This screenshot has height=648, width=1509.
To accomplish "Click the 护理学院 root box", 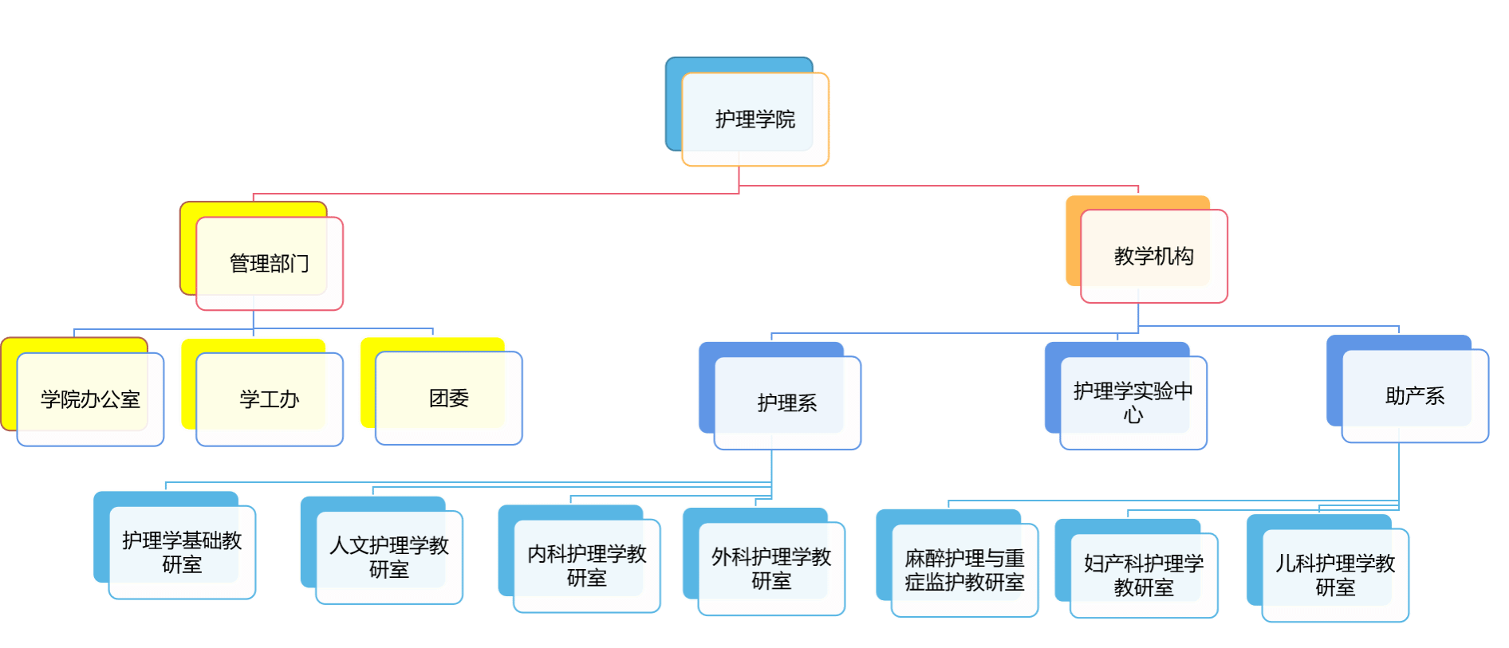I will pyautogui.click(x=754, y=120).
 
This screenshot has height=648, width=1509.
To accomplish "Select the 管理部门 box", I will pyautogui.click(x=269, y=263).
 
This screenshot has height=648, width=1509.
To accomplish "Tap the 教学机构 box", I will pyautogui.click(x=1153, y=256).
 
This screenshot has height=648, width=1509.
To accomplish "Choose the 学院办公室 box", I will pyautogui.click(x=90, y=399).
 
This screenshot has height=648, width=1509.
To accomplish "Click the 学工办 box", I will pyautogui.click(x=269, y=399).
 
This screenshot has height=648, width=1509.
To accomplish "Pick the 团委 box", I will pyautogui.click(x=448, y=398).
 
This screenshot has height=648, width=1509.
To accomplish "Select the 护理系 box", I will pyautogui.click(x=787, y=403).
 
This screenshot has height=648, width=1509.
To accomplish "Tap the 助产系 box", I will pyautogui.click(x=1415, y=395).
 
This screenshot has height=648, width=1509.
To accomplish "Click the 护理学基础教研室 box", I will pyautogui.click(x=182, y=552).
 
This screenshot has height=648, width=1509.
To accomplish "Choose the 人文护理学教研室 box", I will pyautogui.click(x=389, y=557).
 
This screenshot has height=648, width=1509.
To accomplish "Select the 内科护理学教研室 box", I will pyautogui.click(x=586, y=565).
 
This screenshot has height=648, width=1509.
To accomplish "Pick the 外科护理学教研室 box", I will pyautogui.click(x=771, y=568).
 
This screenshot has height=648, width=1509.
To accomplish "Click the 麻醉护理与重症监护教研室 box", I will pyautogui.click(x=964, y=570).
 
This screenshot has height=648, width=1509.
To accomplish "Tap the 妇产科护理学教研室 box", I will pyautogui.click(x=1144, y=575).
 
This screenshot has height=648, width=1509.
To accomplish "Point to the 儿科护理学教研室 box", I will pyautogui.click(x=1335, y=575).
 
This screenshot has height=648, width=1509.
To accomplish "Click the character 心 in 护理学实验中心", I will pyautogui.click(x=1133, y=415).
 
